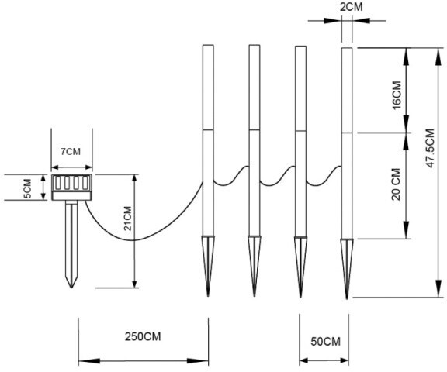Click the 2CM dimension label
[352, 7]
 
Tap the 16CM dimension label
[397, 95]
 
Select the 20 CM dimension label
[396, 184]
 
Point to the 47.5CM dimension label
[430, 148]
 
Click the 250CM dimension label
[143, 336]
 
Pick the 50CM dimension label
[326, 341]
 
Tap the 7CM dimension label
[71, 151]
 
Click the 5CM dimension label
[27, 188]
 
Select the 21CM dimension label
[128, 219]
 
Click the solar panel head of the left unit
[71, 188]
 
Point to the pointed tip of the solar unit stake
[71, 288]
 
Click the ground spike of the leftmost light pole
[208, 266]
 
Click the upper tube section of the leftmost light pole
[208, 88]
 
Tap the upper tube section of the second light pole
[255, 88]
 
